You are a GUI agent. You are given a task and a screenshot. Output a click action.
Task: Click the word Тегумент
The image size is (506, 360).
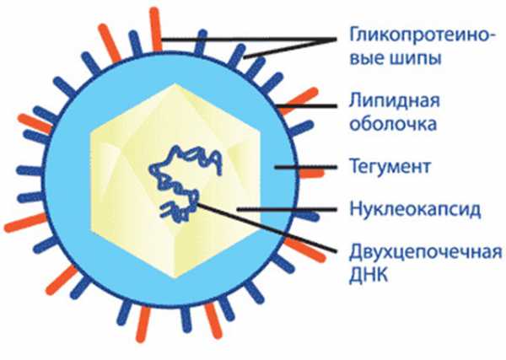390,167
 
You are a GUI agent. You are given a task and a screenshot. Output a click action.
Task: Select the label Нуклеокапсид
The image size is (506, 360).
415,209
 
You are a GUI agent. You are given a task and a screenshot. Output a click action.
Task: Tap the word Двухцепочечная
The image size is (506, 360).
425,253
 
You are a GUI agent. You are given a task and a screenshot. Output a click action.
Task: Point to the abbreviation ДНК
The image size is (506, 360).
369,275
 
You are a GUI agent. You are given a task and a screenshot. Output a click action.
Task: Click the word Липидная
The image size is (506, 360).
395,100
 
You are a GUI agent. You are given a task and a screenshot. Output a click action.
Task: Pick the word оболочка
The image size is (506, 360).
393,124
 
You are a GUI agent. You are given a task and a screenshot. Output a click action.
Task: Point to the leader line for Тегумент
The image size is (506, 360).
305,167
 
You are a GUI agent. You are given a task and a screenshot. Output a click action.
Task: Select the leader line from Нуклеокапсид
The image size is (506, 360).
287,209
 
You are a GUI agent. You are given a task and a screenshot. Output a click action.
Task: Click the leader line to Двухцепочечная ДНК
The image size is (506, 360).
266,228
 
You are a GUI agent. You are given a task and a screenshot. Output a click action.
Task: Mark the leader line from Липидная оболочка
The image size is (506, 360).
307,105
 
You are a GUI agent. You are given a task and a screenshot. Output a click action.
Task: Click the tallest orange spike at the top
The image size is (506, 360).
156,29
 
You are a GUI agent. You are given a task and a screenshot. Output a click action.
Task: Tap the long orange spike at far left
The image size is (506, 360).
26,223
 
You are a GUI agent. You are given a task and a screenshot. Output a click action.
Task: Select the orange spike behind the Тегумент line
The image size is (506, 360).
312,174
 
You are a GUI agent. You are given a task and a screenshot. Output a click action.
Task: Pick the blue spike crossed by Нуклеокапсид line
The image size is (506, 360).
307,214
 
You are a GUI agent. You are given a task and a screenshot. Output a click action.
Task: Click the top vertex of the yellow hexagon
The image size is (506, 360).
175,83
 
